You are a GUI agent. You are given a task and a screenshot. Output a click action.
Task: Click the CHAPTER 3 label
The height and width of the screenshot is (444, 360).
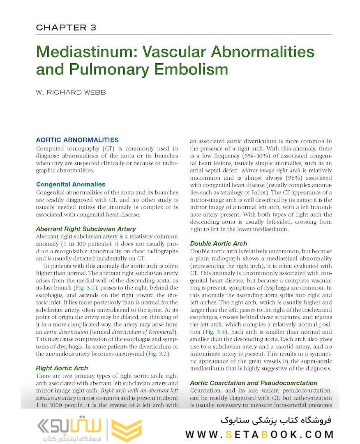point(66,28)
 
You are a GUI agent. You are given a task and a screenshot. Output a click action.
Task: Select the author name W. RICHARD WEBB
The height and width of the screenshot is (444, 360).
point(71,92)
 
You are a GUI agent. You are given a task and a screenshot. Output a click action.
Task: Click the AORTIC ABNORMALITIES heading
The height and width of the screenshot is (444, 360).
point(77,140)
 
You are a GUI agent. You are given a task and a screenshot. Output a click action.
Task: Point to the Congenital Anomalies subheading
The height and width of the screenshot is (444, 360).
point(71,185)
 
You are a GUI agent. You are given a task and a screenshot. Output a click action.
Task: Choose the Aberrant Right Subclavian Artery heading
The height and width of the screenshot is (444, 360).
point(85,229)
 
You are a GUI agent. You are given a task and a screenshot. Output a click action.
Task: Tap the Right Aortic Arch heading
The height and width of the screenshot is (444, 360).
point(62,368)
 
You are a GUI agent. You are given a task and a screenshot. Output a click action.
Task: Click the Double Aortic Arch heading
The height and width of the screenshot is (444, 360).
point(219,243)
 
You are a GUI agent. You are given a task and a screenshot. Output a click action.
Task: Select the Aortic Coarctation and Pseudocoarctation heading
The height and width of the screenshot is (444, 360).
point(254,383)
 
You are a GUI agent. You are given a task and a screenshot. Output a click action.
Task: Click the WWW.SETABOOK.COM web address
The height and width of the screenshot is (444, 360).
point(259,435)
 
